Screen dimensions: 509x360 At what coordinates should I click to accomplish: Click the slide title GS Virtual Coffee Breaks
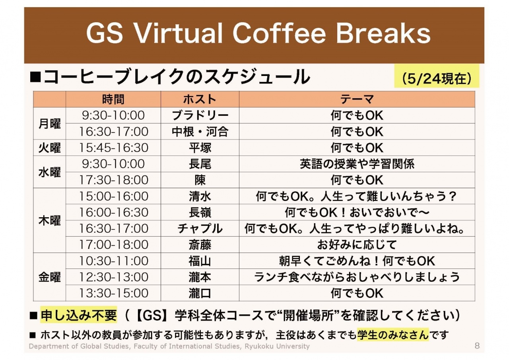click(258, 33)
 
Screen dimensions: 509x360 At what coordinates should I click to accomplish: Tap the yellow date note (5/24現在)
click(437, 79)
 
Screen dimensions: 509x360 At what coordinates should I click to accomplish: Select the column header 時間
click(113, 99)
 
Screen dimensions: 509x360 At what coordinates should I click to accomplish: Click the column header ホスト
click(200, 99)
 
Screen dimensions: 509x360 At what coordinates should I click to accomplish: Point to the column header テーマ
click(357, 99)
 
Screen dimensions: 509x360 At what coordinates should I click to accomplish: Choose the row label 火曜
click(50, 148)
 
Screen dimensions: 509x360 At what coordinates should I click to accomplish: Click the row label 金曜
click(50, 277)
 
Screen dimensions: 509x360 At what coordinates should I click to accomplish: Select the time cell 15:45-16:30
click(114, 148)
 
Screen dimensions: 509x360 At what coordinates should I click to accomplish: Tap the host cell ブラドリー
click(200, 115)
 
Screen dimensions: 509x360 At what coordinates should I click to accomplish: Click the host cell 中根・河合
click(200, 132)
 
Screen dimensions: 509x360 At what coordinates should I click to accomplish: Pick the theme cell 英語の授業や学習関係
click(357, 164)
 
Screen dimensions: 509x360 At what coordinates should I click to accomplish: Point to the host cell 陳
click(200, 180)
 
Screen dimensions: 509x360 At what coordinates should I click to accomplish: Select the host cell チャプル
click(200, 228)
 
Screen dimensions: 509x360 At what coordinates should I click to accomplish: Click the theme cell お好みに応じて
click(357, 245)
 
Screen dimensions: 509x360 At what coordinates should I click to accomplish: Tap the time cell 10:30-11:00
click(114, 261)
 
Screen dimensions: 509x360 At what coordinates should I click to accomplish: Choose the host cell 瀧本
click(200, 277)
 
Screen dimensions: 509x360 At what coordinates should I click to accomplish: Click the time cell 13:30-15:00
click(114, 293)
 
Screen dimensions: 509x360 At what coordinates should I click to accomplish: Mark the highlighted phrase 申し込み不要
click(79, 315)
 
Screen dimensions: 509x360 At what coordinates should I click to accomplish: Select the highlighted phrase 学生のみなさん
click(393, 335)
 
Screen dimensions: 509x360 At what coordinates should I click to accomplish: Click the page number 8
click(477, 346)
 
